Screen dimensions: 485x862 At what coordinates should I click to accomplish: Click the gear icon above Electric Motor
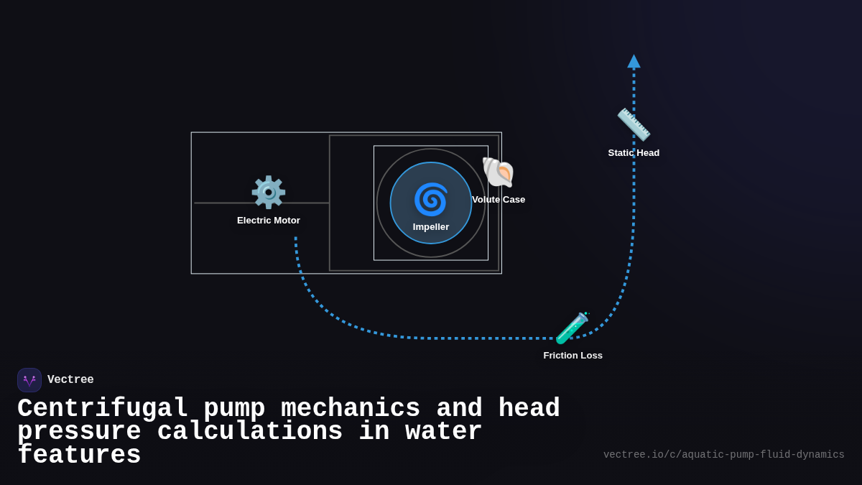268,192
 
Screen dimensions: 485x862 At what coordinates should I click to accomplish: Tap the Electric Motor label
269,221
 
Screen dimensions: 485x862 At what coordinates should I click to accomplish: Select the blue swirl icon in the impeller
431,199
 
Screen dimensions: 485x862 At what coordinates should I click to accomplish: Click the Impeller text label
431,227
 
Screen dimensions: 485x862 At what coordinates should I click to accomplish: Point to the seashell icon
498,172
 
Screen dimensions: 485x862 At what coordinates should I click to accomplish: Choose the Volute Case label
499,200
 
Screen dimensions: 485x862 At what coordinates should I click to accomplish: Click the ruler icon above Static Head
634,125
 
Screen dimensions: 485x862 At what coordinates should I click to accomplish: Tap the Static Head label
634,153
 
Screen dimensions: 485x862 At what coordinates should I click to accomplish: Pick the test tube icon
573,328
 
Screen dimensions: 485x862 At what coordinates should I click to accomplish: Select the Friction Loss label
573,356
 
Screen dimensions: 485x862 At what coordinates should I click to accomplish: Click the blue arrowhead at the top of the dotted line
634,62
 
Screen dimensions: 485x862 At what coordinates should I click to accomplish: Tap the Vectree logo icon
29,380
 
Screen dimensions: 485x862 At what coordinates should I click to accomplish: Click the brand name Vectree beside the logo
70,380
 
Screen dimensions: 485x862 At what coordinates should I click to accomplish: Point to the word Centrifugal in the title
102,409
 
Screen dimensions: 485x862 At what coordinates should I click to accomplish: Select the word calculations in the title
250,432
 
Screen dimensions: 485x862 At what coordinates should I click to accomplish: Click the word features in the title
79,456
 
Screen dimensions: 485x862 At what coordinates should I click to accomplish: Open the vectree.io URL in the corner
723,455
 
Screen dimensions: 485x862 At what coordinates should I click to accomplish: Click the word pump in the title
234,409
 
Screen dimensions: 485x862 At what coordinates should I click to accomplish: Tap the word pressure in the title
79,432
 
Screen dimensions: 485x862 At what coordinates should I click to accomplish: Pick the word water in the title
444,432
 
